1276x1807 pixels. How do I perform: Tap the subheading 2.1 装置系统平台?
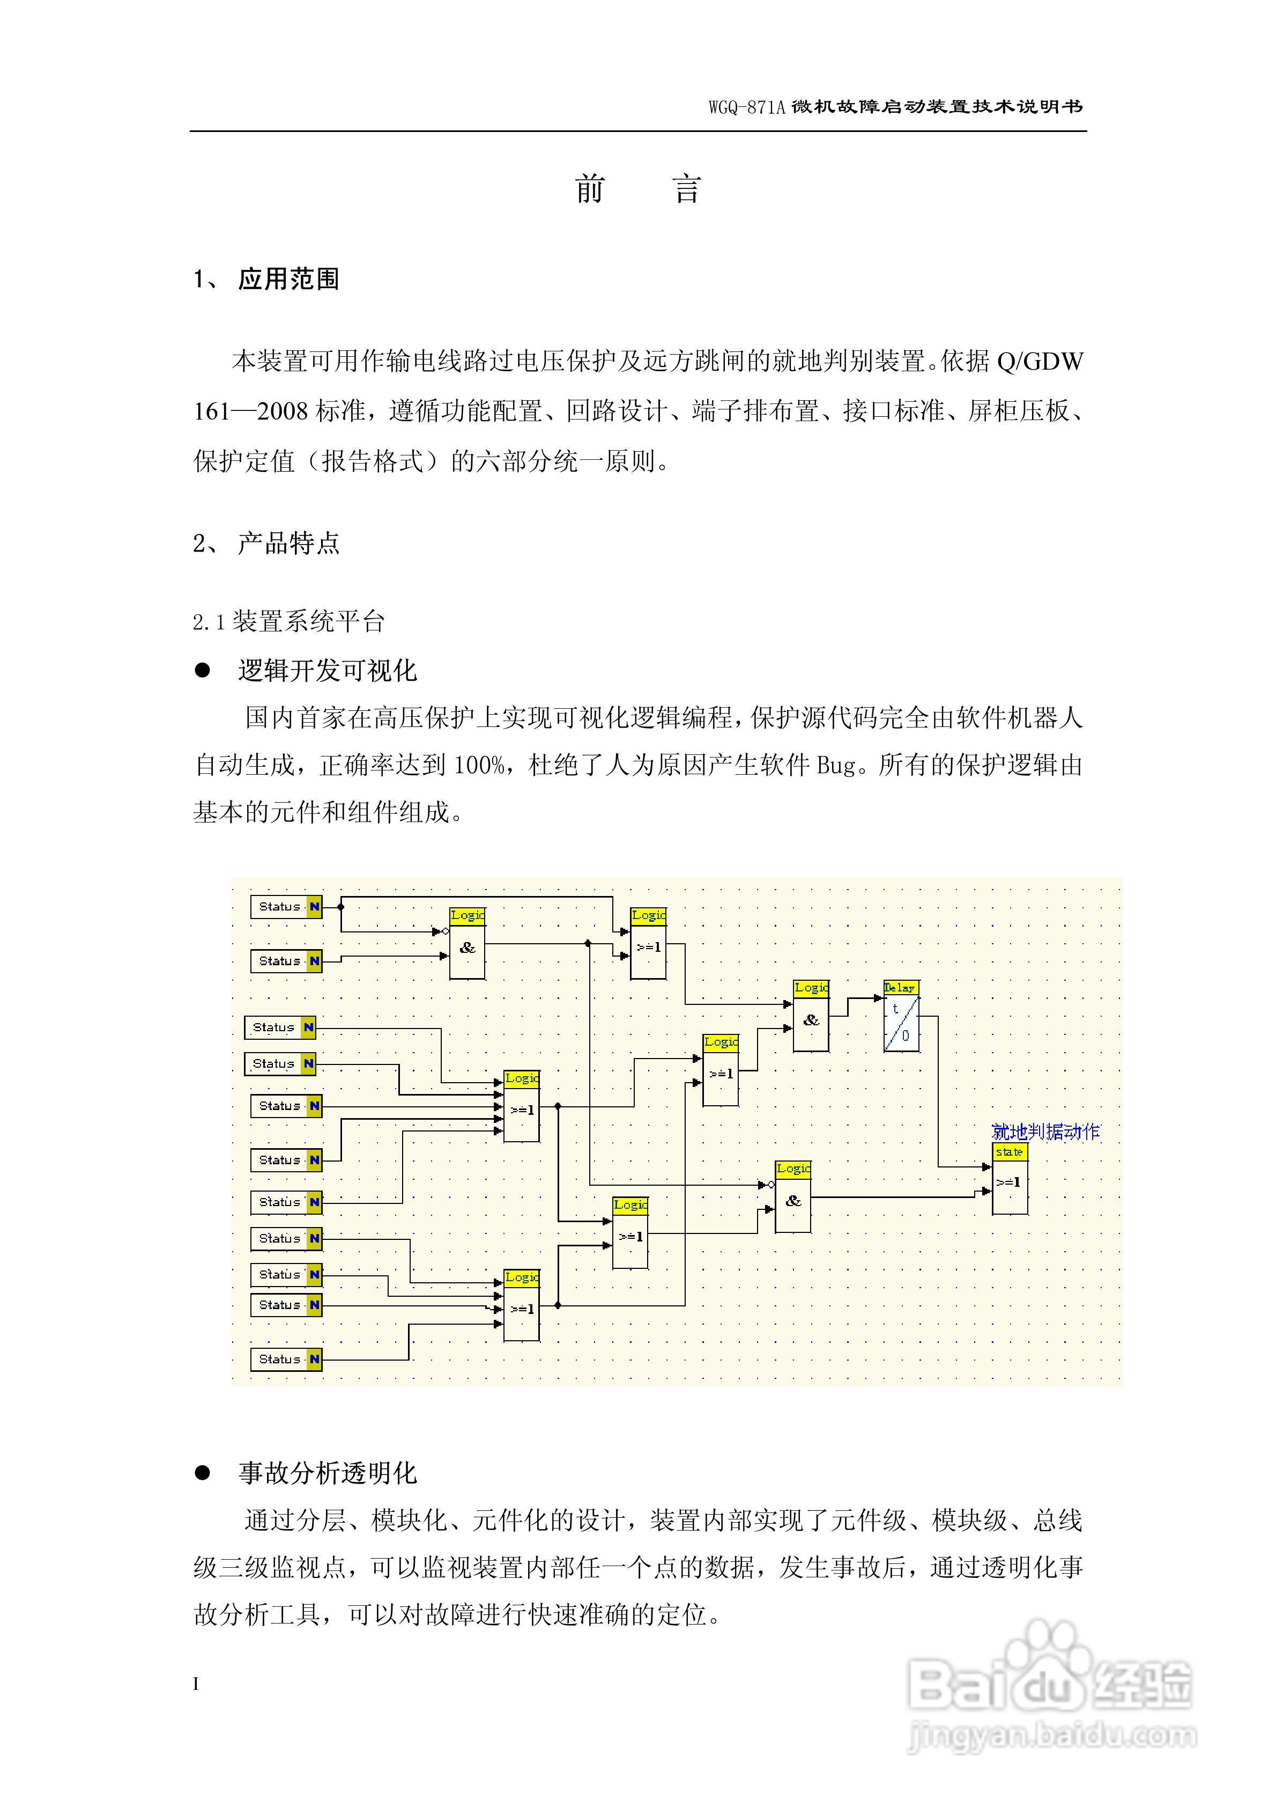tap(289, 622)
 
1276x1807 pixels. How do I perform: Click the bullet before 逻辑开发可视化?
tap(203, 671)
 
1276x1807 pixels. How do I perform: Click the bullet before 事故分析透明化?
tap(203, 1473)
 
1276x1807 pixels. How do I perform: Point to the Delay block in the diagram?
tap(902, 1016)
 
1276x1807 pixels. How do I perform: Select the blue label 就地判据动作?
tap(1045, 1132)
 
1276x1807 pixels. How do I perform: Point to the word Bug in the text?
tap(835, 765)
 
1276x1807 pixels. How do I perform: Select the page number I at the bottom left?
tap(196, 1684)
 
